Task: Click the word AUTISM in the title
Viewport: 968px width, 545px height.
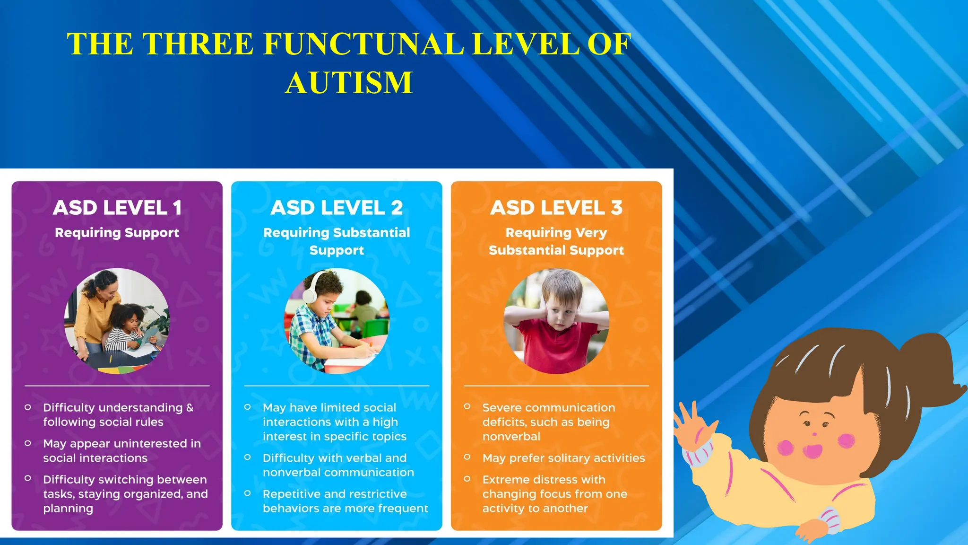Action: click(x=349, y=83)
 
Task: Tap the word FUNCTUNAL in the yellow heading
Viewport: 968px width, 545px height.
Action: click(x=363, y=44)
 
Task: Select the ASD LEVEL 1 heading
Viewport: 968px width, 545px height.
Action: click(x=117, y=208)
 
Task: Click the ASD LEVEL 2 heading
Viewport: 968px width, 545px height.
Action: click(x=337, y=208)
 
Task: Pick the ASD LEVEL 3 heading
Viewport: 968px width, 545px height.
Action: click(x=556, y=208)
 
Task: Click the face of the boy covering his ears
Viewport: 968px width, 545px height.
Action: click(x=560, y=315)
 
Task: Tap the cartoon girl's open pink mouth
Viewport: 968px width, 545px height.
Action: click(x=812, y=450)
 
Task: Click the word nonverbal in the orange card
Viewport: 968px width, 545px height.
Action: click(x=511, y=436)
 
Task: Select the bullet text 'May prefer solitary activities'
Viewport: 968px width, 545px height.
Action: click(x=563, y=458)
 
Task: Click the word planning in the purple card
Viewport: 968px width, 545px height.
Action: click(x=68, y=509)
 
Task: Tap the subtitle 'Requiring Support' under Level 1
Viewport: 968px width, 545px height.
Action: click(x=117, y=233)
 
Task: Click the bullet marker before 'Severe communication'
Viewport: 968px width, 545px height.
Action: click(x=467, y=406)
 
